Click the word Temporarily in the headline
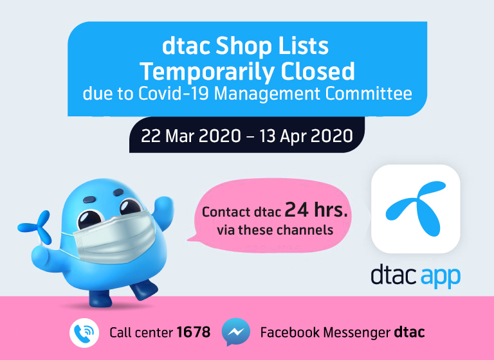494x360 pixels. pos(207,73)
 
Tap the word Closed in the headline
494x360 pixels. pos(318,71)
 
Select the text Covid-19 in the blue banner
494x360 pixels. pos(174,94)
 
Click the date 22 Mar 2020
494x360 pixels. pos(191,136)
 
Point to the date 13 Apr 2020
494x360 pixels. pos(306,136)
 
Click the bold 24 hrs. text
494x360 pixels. pos(316,210)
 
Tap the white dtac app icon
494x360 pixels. pos(416,209)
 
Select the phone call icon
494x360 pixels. pos(84,332)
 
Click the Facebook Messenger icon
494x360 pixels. pos(235,332)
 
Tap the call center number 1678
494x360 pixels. pos(194,332)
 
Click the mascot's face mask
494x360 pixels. pos(114,235)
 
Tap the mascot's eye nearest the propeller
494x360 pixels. pos(89,219)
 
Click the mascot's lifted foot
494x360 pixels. pos(143,289)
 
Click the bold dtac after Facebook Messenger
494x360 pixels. pos(409,332)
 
